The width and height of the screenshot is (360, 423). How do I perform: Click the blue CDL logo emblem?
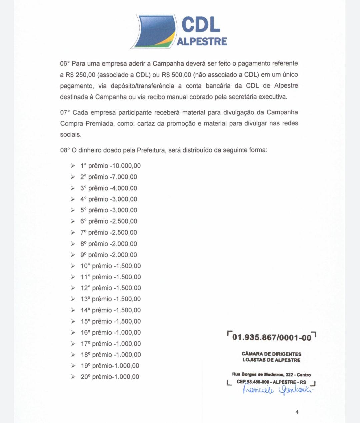pos(154,31)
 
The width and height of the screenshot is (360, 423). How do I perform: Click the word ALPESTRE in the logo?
pos(202,42)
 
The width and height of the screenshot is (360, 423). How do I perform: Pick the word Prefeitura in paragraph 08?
pos(151,150)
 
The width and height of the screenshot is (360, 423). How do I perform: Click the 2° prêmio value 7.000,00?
pos(125,177)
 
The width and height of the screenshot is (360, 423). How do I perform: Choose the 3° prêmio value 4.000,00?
pos(125,188)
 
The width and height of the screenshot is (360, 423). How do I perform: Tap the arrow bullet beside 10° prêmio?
pos(73,266)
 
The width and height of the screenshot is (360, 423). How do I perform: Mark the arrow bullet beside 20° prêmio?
pos(73,377)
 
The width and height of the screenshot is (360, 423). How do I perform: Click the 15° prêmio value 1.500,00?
pos(128,321)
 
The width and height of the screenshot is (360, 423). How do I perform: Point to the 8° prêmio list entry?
pos(108,244)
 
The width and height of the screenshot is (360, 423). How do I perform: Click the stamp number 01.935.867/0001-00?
pos(272,337)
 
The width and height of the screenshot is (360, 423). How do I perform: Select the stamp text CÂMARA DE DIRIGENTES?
pos(271,354)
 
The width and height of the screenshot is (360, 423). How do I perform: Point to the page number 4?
pos(297,412)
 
